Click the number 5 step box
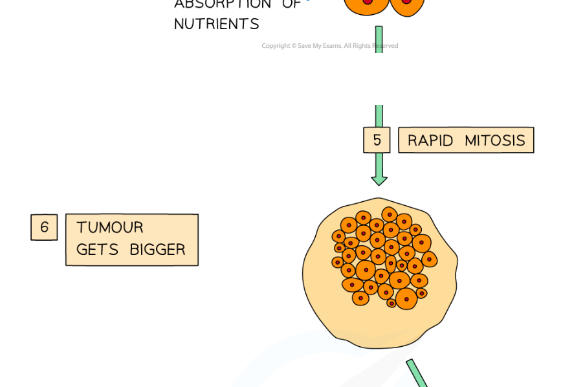click(377, 140)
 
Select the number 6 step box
click(44, 227)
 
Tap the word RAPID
click(430, 140)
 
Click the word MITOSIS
click(495, 140)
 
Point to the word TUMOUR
click(110, 228)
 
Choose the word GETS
click(97, 250)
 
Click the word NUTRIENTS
click(216, 25)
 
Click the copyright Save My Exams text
click(329, 46)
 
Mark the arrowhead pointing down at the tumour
click(379, 179)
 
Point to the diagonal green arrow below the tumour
click(417, 374)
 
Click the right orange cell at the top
click(405, 5)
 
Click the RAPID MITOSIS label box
click(466, 140)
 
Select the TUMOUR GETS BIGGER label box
click(131, 239)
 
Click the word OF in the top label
click(291, 5)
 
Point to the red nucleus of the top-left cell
click(368, 2)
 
